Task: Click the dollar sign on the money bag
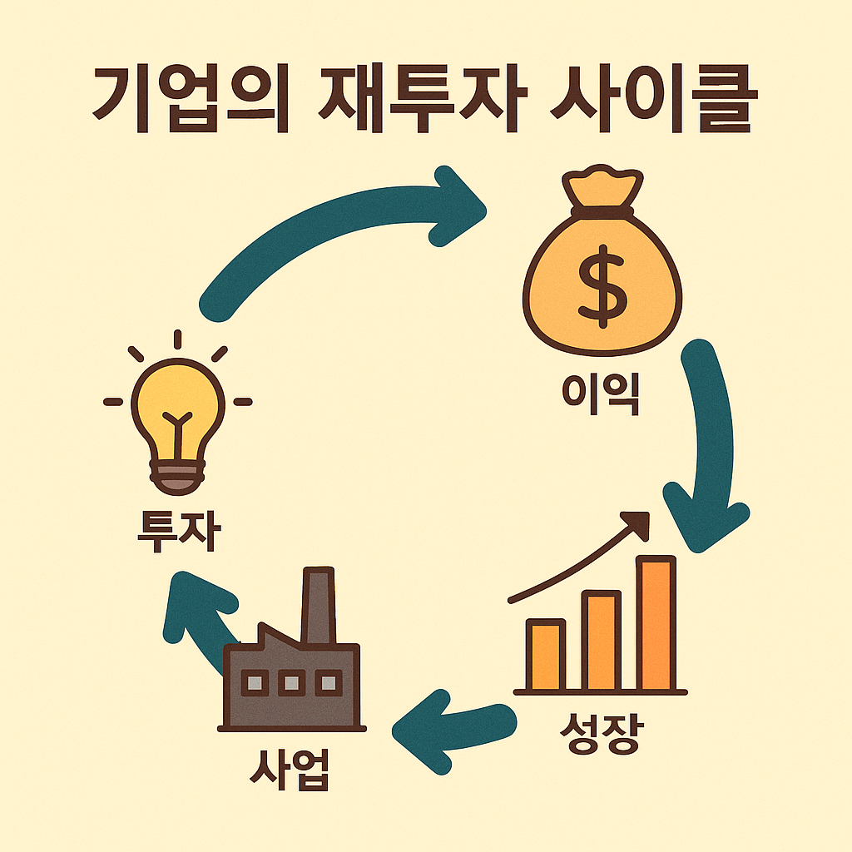tap(602, 283)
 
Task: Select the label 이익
tap(601, 393)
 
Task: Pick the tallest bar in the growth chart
tap(656, 624)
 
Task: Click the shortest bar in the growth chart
tap(546, 656)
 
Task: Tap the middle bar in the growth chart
tap(601, 641)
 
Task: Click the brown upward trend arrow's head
tap(639, 523)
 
